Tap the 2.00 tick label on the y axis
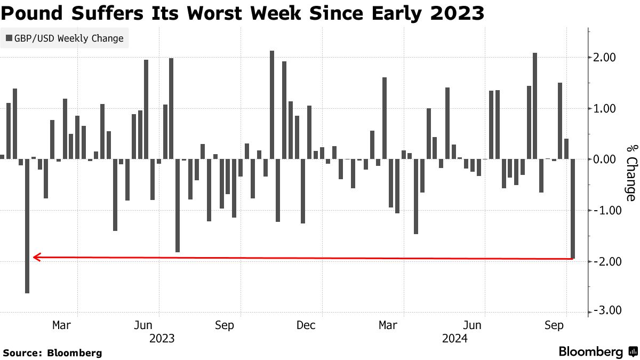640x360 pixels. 605,58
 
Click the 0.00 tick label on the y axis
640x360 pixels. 605,159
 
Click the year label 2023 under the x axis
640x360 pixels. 162,338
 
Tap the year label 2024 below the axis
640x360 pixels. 455,338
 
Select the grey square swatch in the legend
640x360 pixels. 9,38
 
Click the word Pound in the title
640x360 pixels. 31,13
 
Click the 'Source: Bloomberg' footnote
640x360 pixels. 52,353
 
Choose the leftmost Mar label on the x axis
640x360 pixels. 62,325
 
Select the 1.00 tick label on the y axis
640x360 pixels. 605,109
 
